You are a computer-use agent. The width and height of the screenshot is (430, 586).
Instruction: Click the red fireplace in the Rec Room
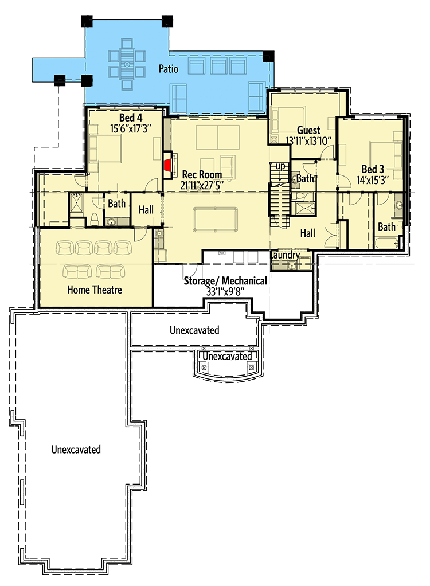(x=168, y=165)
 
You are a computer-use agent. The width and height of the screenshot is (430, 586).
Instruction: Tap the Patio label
(x=169, y=69)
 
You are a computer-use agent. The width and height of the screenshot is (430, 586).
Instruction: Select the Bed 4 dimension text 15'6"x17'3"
(x=130, y=129)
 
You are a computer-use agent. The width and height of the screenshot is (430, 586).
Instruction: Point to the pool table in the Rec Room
(x=215, y=220)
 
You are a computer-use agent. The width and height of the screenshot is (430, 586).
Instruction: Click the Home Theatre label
(x=95, y=290)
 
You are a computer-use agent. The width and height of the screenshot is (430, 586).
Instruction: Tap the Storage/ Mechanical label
(x=225, y=280)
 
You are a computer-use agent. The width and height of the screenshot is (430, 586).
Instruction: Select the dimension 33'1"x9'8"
(x=225, y=291)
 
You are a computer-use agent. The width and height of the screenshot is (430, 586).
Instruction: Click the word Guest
(x=308, y=130)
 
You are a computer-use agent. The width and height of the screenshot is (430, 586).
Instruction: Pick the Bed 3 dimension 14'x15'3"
(x=373, y=180)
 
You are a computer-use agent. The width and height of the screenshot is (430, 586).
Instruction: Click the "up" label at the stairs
(x=280, y=166)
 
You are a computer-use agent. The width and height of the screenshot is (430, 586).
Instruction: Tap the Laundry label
(x=286, y=255)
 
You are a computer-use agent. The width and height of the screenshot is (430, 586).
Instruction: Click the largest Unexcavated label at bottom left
(x=76, y=449)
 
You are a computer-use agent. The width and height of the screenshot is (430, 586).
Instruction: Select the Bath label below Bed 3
(x=386, y=227)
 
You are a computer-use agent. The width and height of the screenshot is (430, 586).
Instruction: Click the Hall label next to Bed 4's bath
(x=146, y=210)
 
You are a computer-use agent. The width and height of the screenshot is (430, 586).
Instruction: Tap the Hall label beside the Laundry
(x=307, y=233)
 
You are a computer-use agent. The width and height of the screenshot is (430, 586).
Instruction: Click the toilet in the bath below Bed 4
(x=95, y=219)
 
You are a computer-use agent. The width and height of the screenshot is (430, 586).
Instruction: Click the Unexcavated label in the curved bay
(x=227, y=356)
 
